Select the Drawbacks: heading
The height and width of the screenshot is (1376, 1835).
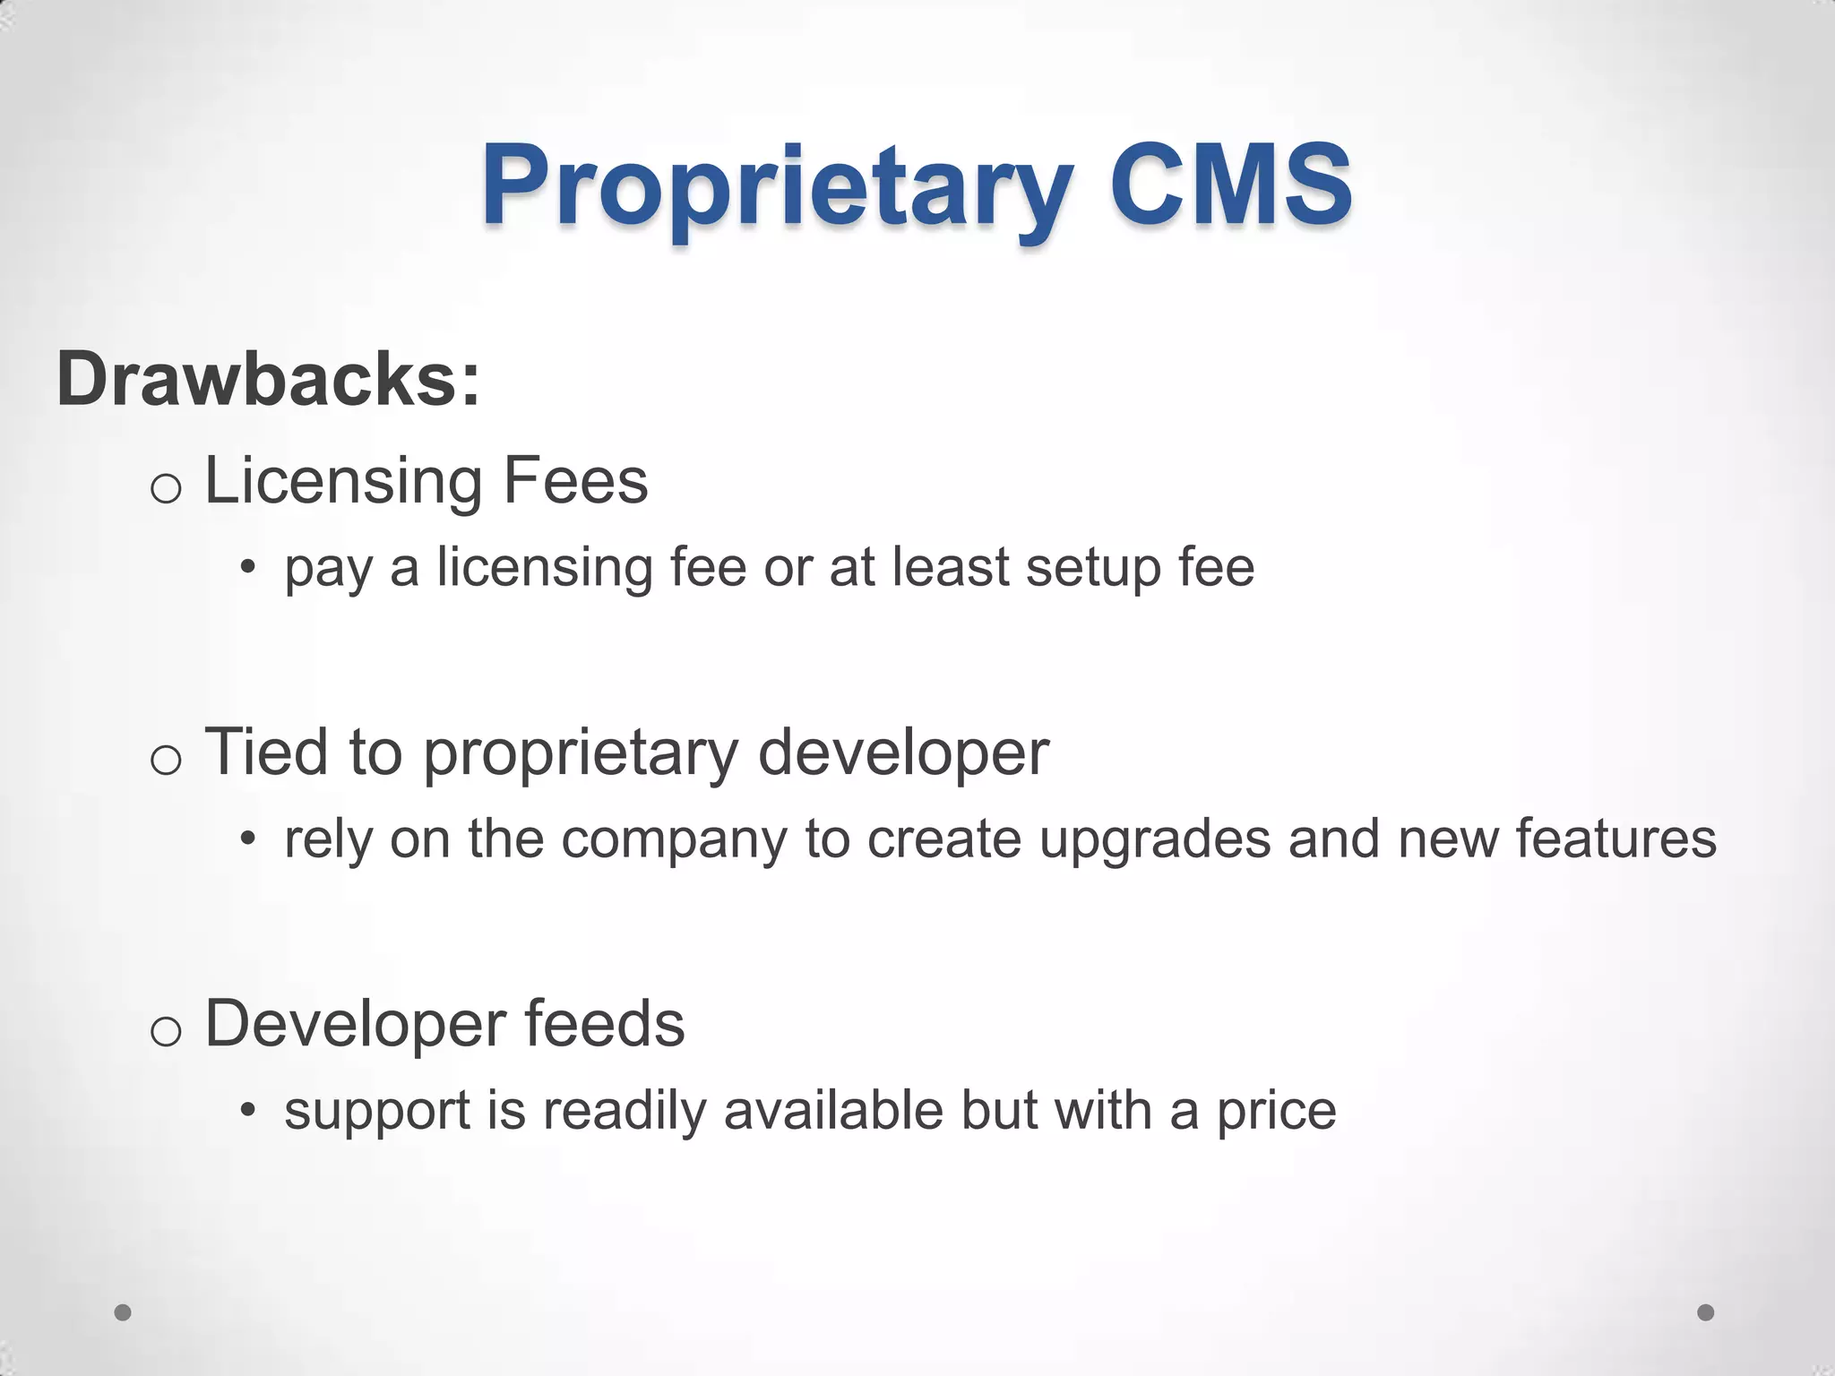(268, 379)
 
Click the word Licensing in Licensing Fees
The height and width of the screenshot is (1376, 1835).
(344, 482)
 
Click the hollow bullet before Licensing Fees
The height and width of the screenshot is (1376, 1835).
(166, 489)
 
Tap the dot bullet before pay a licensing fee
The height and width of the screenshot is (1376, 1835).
(248, 568)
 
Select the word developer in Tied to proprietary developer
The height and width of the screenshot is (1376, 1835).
(903, 752)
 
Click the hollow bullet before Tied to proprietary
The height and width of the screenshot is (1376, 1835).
(166, 761)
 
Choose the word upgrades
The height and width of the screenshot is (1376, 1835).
(1155, 840)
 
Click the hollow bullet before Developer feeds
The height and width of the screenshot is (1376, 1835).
(166, 1032)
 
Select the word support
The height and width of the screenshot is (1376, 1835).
(377, 1112)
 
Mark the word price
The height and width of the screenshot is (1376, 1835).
(1276, 1112)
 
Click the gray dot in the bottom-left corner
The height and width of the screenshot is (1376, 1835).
(124, 1312)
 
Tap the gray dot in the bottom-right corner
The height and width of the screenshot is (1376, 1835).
(1706, 1312)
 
